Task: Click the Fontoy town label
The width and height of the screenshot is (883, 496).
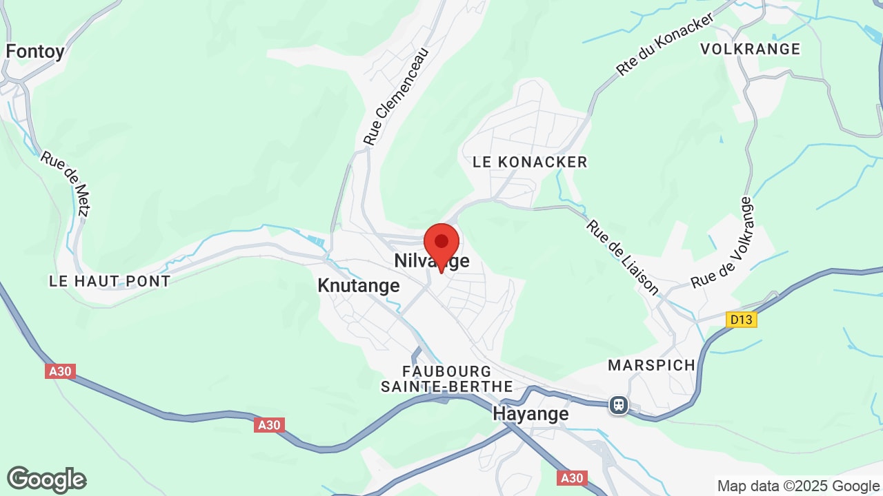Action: coord(35,51)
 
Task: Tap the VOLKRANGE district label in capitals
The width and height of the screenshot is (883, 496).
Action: coord(750,49)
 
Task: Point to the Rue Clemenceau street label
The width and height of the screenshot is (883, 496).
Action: coord(396,96)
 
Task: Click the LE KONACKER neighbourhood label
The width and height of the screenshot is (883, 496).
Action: coord(530,162)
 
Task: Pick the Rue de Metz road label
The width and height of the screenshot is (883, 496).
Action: coord(66,183)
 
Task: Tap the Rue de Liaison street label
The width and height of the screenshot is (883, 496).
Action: coord(622,257)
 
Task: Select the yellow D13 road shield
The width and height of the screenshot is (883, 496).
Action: coord(742,320)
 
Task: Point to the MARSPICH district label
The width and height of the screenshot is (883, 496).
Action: coord(651,365)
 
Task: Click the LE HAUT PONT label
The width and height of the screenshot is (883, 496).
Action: coord(110,281)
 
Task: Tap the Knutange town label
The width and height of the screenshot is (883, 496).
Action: coord(358,285)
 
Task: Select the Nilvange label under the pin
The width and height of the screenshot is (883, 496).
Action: coord(432,261)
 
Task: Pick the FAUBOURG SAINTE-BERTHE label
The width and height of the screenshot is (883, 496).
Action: coord(447,380)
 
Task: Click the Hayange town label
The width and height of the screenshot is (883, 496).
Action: coord(530,413)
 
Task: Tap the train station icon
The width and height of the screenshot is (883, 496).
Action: coord(619,405)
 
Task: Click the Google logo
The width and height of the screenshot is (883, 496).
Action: coord(46,480)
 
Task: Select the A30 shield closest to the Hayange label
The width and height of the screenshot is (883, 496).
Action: coord(572,477)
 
